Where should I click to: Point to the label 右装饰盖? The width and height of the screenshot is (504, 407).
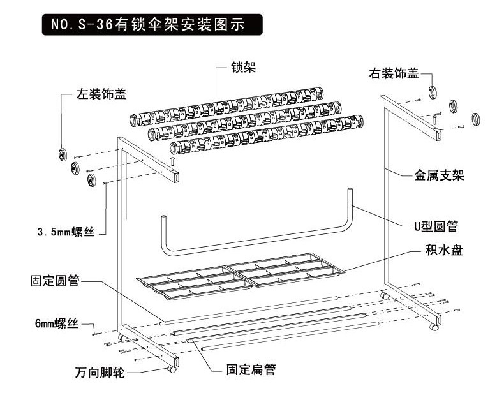click(x=394, y=73)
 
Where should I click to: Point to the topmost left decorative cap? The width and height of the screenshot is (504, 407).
click(x=63, y=154)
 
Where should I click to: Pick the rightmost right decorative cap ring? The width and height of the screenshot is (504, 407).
click(x=475, y=119)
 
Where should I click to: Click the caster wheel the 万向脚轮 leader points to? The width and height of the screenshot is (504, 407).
click(x=172, y=368)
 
